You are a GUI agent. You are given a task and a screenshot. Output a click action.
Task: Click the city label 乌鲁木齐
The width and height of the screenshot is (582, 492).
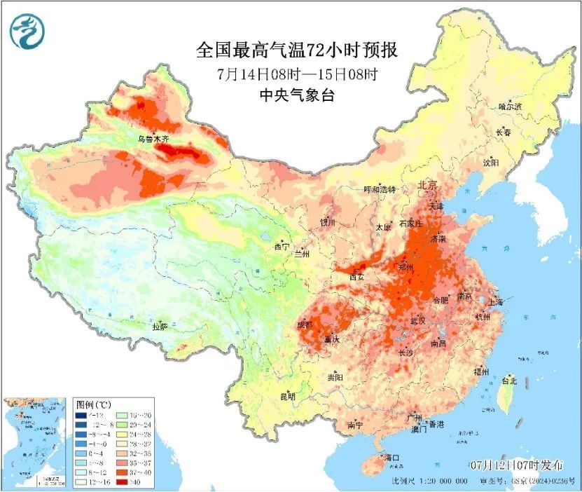[153, 139]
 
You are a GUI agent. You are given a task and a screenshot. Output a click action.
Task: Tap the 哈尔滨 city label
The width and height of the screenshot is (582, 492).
[509, 107]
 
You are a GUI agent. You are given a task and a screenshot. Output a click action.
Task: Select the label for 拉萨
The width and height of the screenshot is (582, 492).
[160, 327]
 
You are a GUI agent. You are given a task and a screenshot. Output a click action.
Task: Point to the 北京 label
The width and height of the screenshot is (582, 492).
[427, 185]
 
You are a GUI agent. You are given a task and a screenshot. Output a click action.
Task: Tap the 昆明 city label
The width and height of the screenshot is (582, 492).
[288, 397]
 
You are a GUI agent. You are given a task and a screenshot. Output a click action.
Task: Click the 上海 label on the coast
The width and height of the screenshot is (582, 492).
[496, 302]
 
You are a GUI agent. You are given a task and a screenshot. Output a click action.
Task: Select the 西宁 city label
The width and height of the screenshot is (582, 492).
[282, 247]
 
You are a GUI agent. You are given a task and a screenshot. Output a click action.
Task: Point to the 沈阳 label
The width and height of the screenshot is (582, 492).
[490, 163]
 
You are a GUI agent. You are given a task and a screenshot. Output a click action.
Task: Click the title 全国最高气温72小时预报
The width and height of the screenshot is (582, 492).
[297, 50]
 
